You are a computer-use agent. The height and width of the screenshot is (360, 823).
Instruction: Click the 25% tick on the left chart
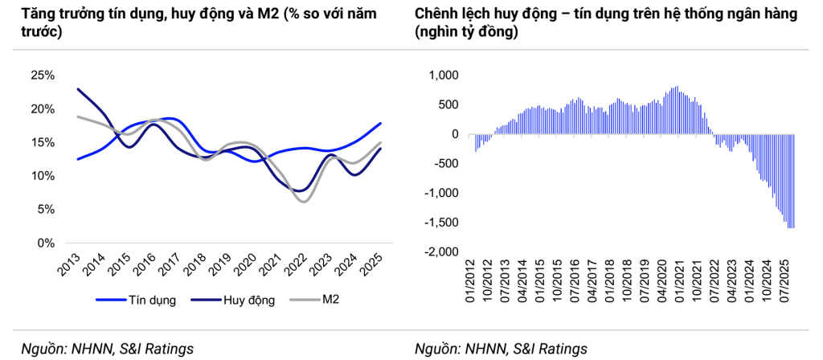(x=42, y=76)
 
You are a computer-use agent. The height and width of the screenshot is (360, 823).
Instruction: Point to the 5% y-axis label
(x=45, y=210)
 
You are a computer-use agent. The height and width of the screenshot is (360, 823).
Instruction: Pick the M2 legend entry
(x=330, y=301)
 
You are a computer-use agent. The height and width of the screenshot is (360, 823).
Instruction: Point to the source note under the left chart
(x=107, y=349)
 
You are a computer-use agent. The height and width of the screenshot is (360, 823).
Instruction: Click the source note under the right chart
(x=501, y=349)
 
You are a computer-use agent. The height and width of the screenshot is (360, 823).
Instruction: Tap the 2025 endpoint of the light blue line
(x=380, y=124)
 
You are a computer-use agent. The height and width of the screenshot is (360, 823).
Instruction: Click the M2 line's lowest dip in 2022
(x=303, y=201)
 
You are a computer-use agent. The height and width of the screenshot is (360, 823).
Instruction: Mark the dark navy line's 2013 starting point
(x=77, y=89)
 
